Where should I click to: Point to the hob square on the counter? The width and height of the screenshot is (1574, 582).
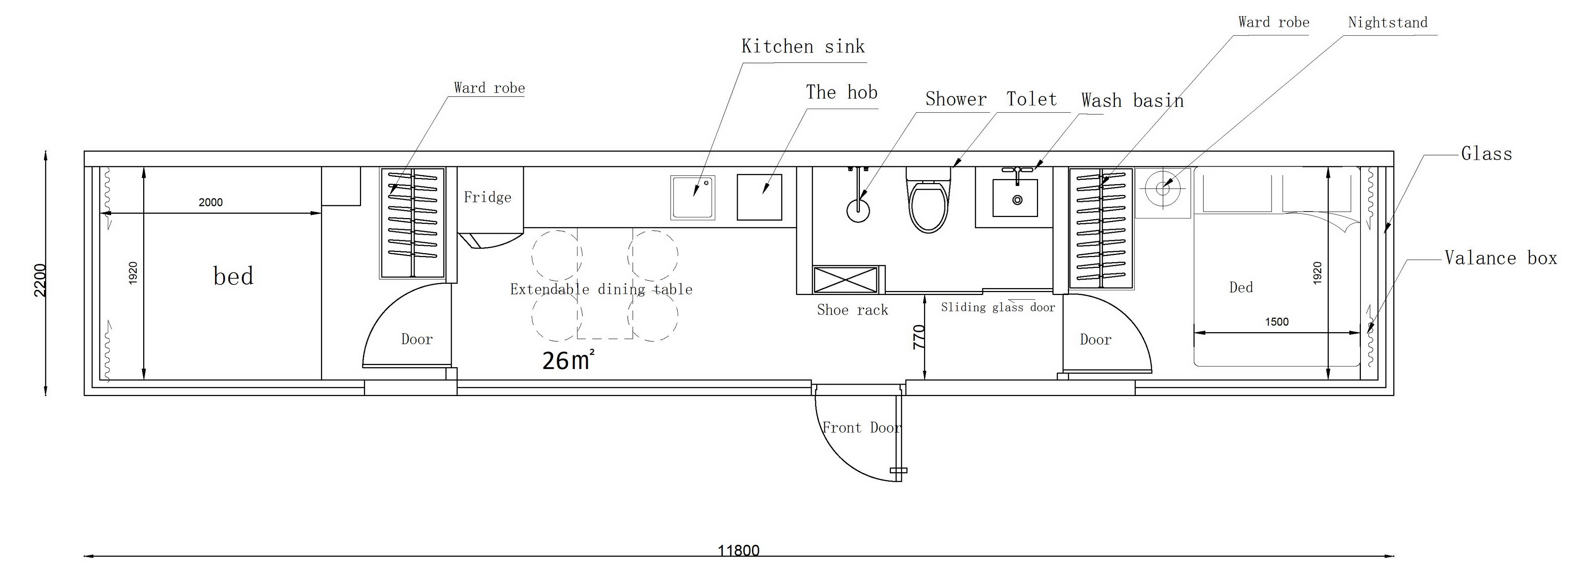(760, 197)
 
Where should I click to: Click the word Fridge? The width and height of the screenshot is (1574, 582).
(487, 197)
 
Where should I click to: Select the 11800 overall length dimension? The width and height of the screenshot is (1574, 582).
(738, 550)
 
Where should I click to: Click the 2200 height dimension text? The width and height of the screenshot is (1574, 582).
(40, 280)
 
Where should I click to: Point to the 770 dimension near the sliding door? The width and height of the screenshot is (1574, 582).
(919, 337)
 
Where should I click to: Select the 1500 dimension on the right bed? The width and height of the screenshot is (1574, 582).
(1276, 322)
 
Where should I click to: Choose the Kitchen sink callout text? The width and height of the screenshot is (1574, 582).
(803, 46)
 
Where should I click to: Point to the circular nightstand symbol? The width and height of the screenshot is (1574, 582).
(1163, 189)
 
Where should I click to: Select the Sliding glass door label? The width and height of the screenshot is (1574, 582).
(998, 307)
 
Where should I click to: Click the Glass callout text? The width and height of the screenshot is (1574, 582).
(1487, 154)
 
